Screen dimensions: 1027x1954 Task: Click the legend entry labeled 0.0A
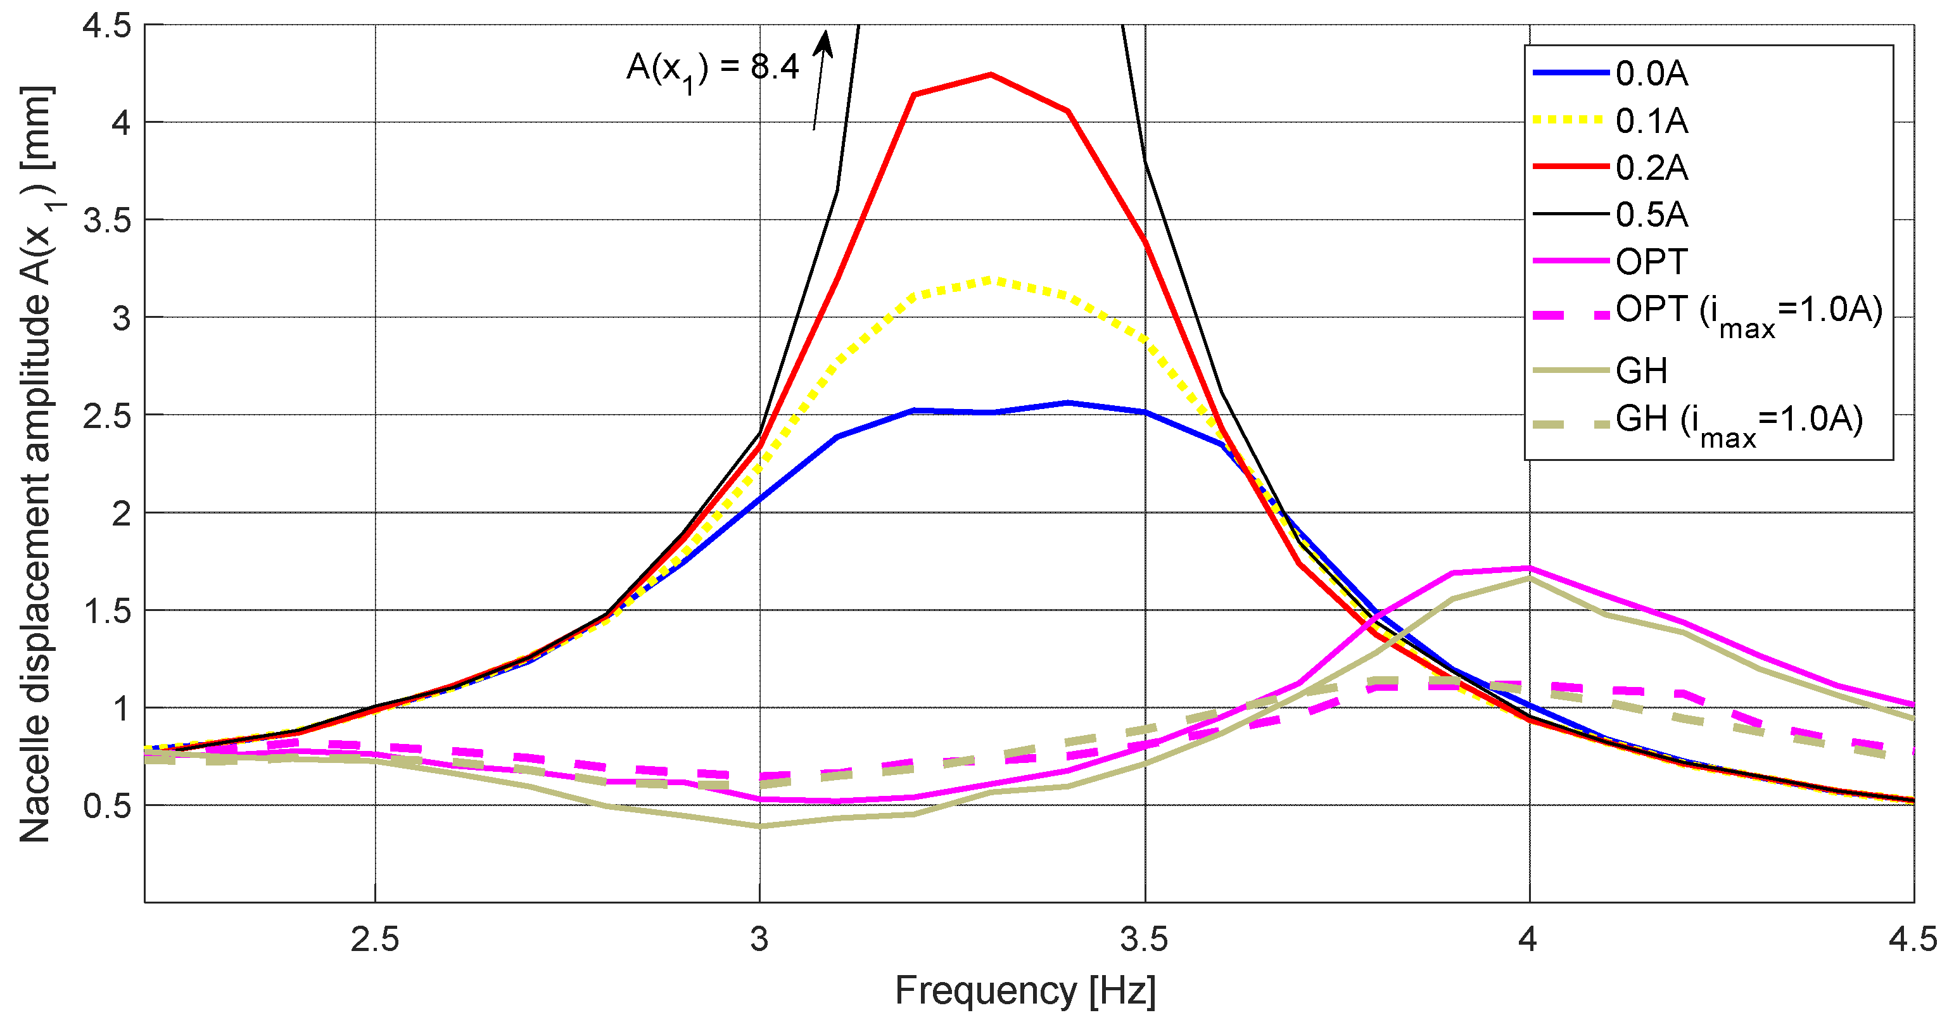(x=1651, y=73)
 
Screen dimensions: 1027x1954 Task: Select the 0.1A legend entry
(x=1651, y=120)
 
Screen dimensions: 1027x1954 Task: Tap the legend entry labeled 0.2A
(x=1651, y=168)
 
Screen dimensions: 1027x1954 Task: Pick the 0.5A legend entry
(x=1651, y=215)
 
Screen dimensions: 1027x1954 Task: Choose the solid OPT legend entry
(x=1651, y=261)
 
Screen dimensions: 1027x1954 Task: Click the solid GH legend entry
(x=1642, y=371)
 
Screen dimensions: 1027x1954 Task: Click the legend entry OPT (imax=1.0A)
(x=1748, y=310)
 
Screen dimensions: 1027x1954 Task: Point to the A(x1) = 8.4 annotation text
(x=711, y=68)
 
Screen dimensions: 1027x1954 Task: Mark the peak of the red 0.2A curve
(x=991, y=74)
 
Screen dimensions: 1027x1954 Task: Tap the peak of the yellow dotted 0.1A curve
(x=991, y=280)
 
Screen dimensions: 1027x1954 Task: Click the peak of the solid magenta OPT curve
(x=1528, y=567)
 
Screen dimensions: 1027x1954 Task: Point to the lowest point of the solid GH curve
(x=759, y=826)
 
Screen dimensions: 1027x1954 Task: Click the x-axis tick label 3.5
(x=1144, y=940)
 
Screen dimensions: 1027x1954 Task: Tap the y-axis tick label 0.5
(x=107, y=805)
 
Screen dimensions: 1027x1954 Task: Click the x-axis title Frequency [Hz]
(x=1025, y=990)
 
